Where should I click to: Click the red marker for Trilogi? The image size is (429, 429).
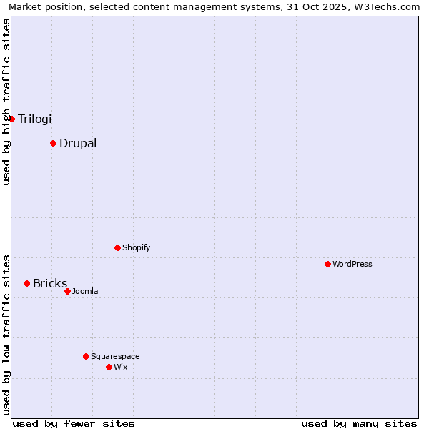[12, 119]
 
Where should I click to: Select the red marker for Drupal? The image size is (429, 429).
[53, 143]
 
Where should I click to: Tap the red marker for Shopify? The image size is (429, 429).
[117, 247]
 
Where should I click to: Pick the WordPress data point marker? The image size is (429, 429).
[327, 264]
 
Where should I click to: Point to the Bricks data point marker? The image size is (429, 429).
[26, 283]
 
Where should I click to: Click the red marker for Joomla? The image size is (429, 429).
[67, 291]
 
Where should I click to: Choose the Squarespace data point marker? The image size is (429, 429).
[86, 356]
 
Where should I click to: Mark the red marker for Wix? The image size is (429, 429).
[109, 367]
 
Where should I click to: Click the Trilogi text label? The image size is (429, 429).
[35, 119]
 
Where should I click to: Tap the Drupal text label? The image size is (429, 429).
[78, 143]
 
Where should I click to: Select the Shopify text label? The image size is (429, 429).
[136, 247]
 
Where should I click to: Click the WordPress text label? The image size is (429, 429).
[352, 264]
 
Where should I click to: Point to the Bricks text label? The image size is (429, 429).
[50, 283]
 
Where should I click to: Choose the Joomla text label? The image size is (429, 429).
[85, 291]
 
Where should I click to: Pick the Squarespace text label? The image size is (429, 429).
[115, 356]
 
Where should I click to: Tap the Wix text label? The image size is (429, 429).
[120, 367]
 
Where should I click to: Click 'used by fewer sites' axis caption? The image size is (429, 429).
[74, 423]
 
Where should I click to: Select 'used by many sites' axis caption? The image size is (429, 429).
[359, 423]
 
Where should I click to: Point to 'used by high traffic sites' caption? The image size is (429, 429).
[6, 102]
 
